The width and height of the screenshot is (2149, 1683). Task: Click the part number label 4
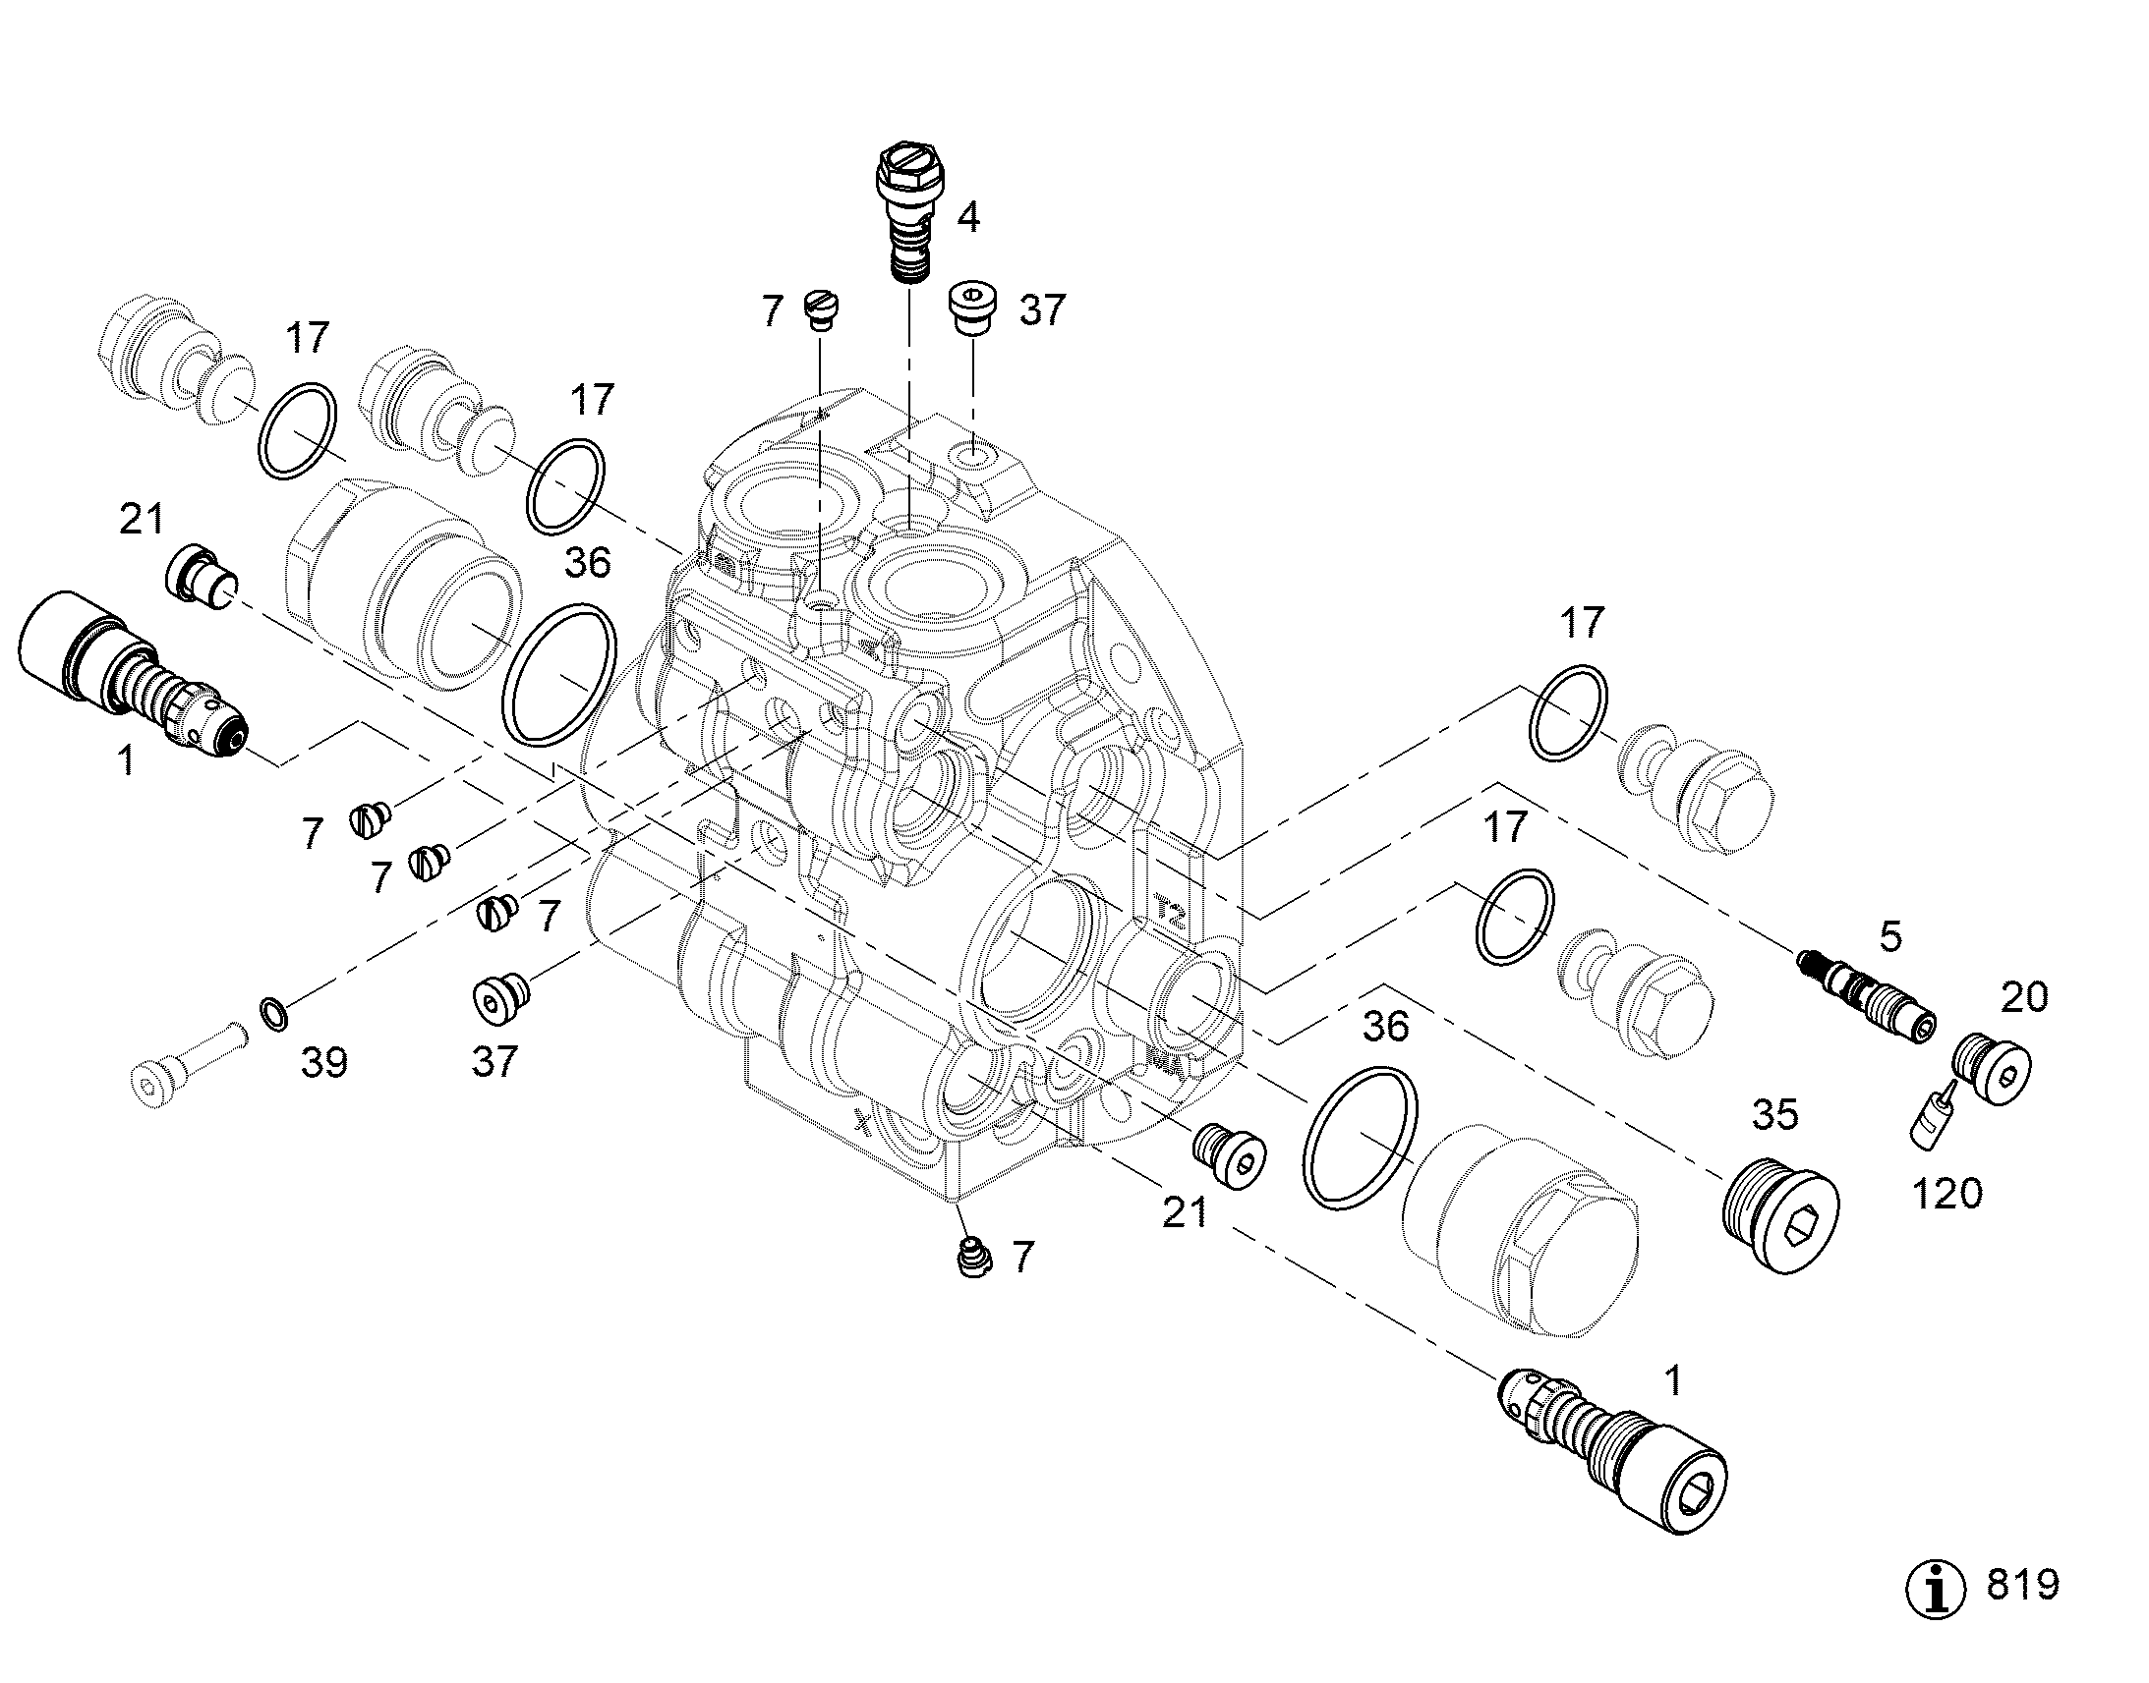(968, 218)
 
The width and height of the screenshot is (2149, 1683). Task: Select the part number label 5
(1889, 937)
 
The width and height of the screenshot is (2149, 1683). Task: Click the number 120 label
(1946, 1195)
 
